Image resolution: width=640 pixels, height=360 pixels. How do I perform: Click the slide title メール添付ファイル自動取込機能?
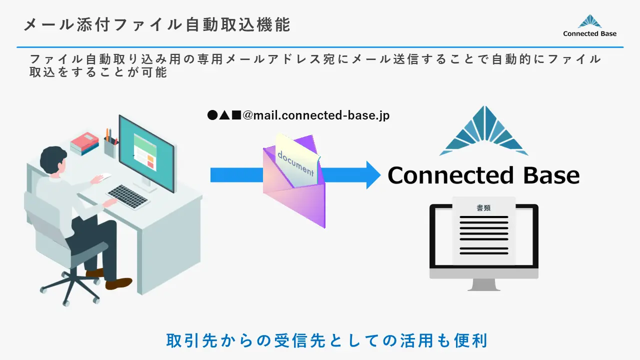(x=156, y=24)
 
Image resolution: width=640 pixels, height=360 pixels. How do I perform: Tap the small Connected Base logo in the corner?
(x=589, y=25)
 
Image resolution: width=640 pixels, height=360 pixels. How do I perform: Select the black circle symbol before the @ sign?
(x=212, y=115)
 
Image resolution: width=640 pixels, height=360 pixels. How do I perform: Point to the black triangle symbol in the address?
(x=224, y=115)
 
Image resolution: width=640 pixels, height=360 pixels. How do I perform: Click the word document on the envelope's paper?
(x=296, y=163)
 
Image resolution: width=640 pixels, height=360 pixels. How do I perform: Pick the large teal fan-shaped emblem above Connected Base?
(x=484, y=131)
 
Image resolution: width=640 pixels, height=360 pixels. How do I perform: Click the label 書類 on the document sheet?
(x=483, y=208)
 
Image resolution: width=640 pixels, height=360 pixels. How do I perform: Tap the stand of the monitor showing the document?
(x=483, y=284)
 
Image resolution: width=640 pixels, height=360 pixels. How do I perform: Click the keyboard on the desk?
(x=128, y=196)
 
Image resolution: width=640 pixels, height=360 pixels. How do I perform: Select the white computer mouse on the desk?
(x=104, y=176)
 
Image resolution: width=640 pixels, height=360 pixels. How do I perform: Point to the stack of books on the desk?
(x=84, y=143)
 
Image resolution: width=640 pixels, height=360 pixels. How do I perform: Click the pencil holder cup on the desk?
(x=110, y=147)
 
